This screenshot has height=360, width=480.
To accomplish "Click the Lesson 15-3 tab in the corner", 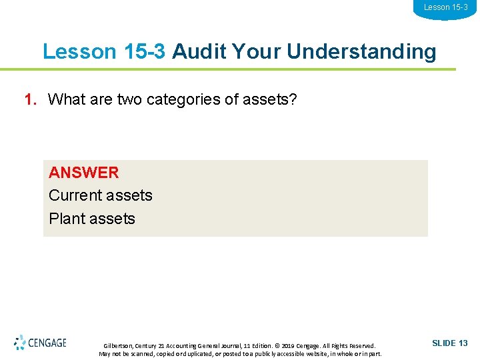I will [446, 7].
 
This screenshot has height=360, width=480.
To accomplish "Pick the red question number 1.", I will [29, 100].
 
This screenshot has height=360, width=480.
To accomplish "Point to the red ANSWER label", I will [84, 172].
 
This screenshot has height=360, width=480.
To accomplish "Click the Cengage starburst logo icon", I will [20, 343].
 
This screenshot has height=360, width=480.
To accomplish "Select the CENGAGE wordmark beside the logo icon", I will [47, 343].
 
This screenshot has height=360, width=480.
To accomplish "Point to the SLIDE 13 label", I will [450, 343].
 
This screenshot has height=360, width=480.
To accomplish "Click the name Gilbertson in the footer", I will [119, 346].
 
